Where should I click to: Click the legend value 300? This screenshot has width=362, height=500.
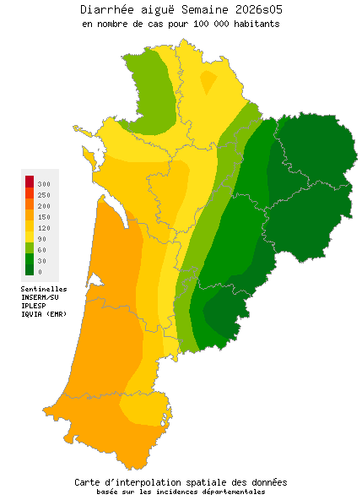pos(44,183)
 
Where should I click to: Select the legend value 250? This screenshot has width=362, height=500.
pos(44,194)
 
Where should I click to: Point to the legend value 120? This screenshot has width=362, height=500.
pos(44,228)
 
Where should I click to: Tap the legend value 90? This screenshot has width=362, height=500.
pos(42,239)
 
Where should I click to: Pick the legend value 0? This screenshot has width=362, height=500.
pos(40,272)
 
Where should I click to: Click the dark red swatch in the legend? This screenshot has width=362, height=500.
pos(30,181)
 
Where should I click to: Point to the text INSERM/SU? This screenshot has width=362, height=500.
pos(40,297)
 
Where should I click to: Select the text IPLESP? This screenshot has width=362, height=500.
pos(34,306)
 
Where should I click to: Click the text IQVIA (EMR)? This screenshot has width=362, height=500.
pos(44,314)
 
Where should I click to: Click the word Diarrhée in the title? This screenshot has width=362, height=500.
pos(110,9)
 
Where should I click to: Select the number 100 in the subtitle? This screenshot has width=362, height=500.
pos(192,24)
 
